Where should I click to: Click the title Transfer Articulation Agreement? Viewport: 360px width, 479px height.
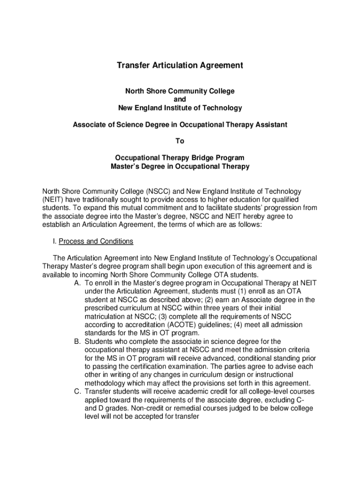click(180, 65)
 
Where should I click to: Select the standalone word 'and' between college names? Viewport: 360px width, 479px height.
click(180, 100)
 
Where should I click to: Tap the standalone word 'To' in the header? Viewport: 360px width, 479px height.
click(180, 141)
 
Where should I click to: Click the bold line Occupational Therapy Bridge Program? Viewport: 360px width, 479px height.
click(180, 158)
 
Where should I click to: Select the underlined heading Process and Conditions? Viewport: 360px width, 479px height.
click(96, 241)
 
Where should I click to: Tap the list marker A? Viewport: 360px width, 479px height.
click(77, 283)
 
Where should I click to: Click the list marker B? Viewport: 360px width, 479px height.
click(77, 341)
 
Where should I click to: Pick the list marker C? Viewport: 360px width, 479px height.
click(77, 392)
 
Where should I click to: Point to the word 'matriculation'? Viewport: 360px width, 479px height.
click(106, 316)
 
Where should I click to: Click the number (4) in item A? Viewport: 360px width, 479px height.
click(245, 325)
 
